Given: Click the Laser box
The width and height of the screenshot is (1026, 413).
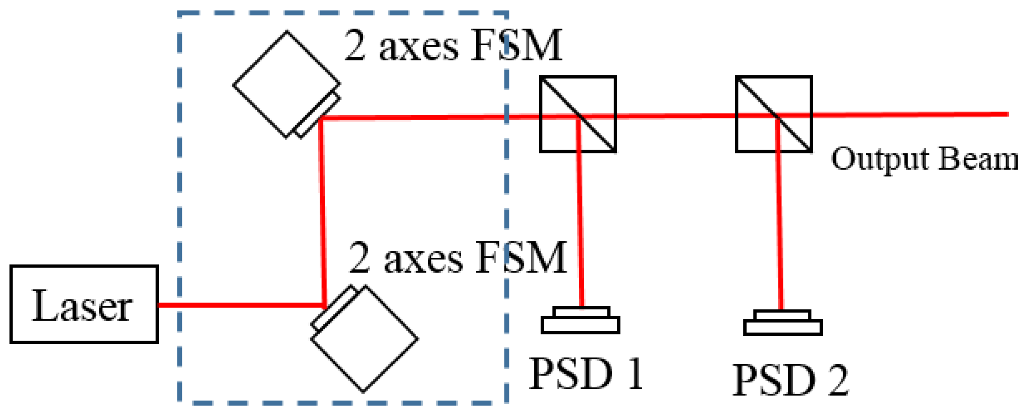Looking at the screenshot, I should coord(84,304).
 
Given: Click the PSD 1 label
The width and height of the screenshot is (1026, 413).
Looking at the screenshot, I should coord(585,374).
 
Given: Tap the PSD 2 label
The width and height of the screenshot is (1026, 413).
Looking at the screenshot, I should coord(790,380).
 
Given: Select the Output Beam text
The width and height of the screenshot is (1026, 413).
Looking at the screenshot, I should coord(923,159).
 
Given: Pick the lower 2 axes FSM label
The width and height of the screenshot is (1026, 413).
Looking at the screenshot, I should coord(457,257).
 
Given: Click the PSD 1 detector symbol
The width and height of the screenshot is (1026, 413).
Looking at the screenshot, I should coord(581,321).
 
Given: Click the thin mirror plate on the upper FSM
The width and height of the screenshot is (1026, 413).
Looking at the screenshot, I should coord(318,114).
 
